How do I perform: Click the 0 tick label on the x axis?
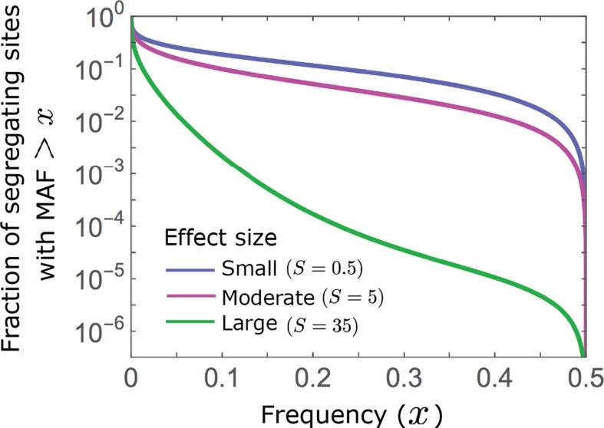131,377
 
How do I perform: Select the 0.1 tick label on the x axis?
221,377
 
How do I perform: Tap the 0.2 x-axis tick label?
312,377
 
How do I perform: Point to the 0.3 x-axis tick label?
402,377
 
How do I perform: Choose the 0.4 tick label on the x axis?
493,377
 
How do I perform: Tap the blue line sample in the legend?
190,269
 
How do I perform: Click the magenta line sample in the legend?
190,297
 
